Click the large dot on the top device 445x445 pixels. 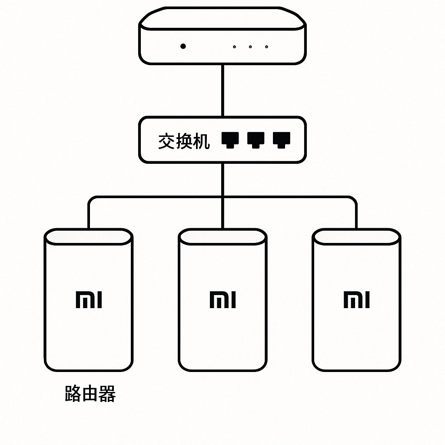(183, 46)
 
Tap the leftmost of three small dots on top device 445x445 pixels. (235, 46)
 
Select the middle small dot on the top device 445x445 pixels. (250, 46)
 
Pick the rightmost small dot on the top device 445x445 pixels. (266, 46)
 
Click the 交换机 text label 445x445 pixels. (183, 141)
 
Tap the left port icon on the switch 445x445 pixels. (230, 139)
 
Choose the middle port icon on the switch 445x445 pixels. (256, 139)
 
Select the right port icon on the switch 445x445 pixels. (281, 139)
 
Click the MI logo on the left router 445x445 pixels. (89, 300)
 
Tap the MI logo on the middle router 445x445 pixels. (222, 300)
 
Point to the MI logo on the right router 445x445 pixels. (356, 300)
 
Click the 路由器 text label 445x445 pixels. (90, 394)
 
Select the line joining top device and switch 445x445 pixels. (222, 90)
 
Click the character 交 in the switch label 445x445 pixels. (166, 141)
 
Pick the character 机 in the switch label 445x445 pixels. (201, 141)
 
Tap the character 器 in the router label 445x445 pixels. (107, 394)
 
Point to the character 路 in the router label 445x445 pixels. (73, 394)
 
